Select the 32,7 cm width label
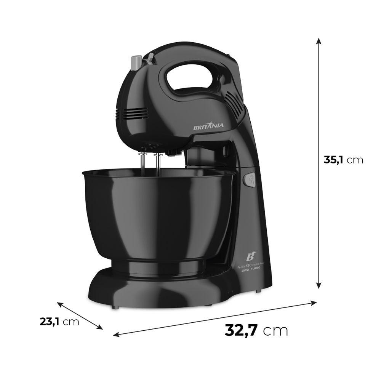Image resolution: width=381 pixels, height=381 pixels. pyautogui.click(x=256, y=330)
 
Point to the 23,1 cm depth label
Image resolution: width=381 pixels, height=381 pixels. pyautogui.click(x=59, y=321)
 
